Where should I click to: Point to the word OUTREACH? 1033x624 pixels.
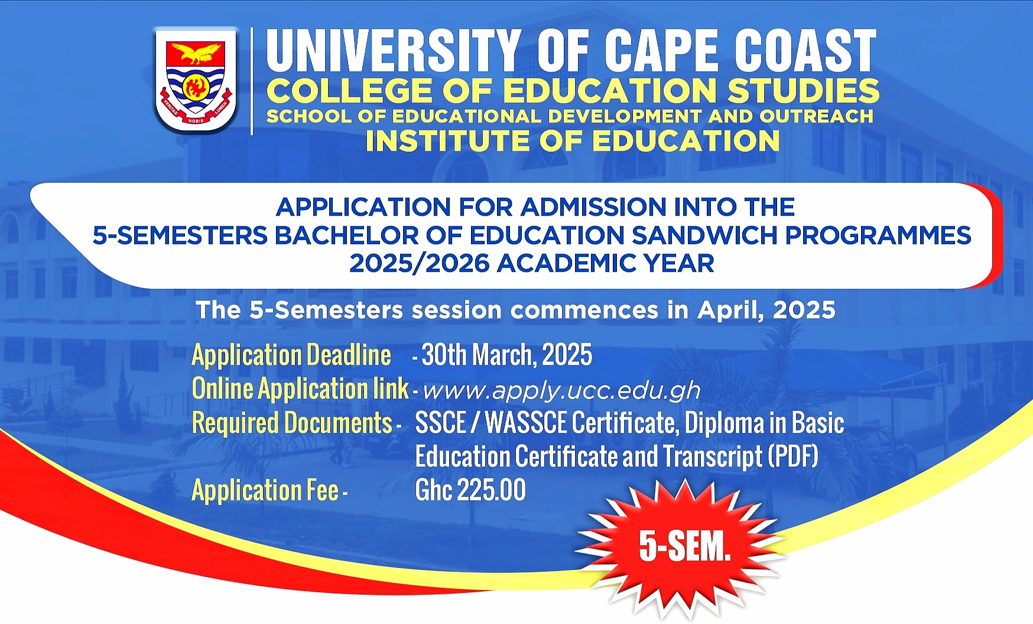[816, 116]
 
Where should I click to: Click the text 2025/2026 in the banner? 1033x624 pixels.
[419, 264]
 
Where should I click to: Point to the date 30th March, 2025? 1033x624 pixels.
[506, 355]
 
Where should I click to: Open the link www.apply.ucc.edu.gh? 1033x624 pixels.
[561, 391]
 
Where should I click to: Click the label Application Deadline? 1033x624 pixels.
[291, 355]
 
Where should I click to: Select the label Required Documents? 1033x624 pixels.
[293, 423]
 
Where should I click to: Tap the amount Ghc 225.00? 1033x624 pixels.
[470, 490]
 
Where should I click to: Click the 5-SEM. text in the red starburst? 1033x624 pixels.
[685, 547]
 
